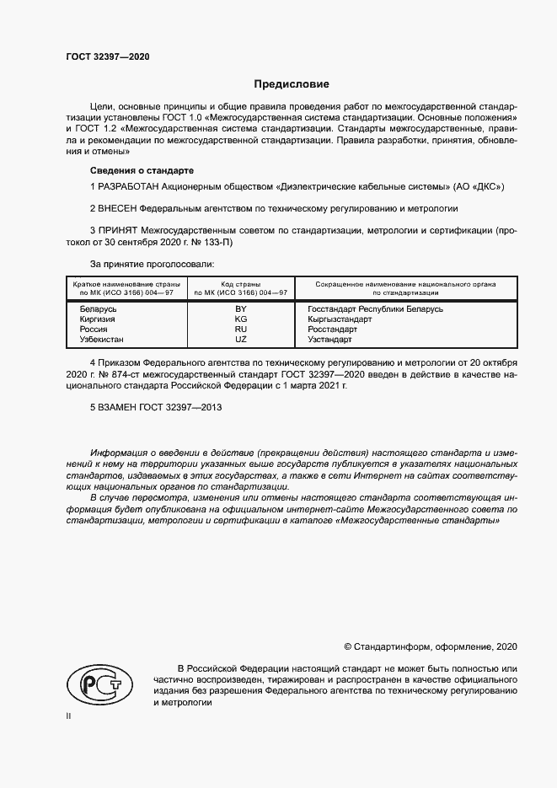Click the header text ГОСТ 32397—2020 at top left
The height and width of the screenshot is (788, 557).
(x=108, y=56)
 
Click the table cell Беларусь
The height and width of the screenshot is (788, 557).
(x=97, y=309)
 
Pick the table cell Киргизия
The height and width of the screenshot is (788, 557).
(x=97, y=319)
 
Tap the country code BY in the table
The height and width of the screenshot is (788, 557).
(x=241, y=309)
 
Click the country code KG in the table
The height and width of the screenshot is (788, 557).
(x=241, y=319)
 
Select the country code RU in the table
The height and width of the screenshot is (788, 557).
(x=241, y=330)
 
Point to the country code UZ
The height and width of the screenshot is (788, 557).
(x=241, y=340)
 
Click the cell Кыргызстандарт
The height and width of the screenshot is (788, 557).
(x=334, y=319)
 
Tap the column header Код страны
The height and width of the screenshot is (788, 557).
(x=241, y=285)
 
